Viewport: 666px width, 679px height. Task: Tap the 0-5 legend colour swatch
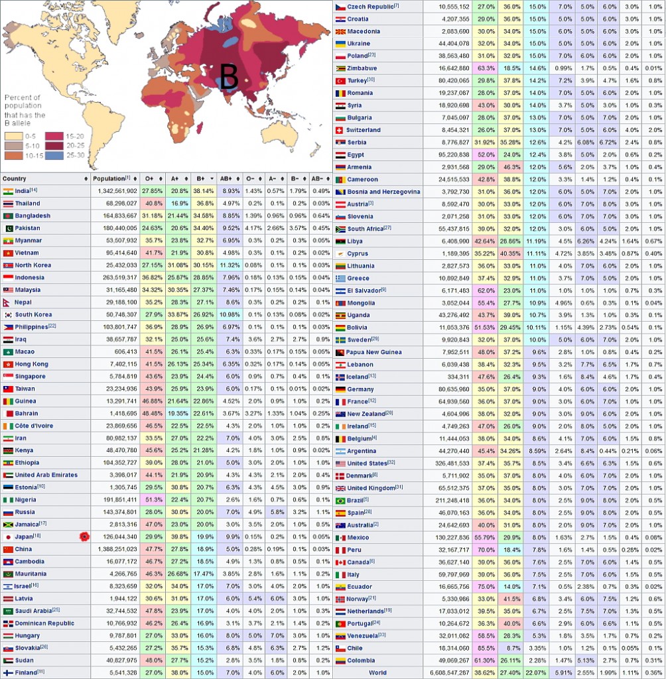[x=13, y=137]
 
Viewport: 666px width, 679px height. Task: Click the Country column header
[x=15, y=179]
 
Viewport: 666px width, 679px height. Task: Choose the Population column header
[x=109, y=179]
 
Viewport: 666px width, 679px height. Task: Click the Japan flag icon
[x=8, y=536]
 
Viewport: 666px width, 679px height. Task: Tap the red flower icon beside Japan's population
[x=84, y=536]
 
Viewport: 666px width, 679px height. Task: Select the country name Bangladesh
[x=33, y=216]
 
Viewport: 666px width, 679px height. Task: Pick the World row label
[x=377, y=672]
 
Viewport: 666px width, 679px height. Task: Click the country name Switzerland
[x=364, y=130]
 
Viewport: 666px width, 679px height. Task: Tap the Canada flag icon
[x=340, y=562]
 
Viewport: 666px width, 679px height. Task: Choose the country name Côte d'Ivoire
[x=34, y=426]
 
